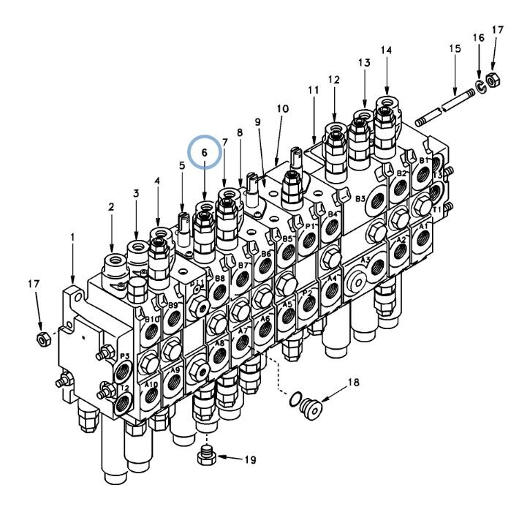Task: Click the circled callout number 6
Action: tap(205, 153)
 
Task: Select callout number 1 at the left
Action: tap(73, 237)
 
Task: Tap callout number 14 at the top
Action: tap(387, 50)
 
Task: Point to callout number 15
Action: tap(455, 48)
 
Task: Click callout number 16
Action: tap(479, 37)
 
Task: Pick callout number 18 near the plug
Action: tap(353, 382)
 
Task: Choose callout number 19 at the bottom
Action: tap(250, 460)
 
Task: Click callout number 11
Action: tap(314, 89)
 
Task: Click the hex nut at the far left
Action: tap(43, 339)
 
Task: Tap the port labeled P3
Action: tap(124, 357)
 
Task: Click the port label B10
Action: tap(151, 320)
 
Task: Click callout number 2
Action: tap(111, 208)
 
